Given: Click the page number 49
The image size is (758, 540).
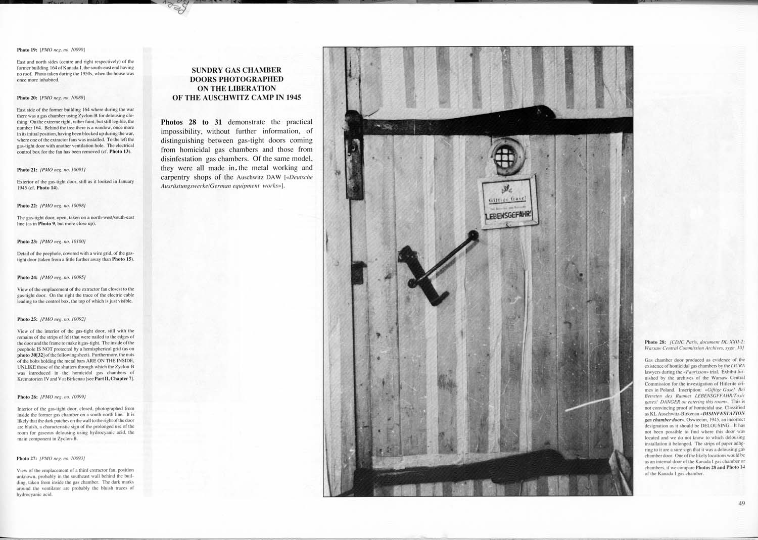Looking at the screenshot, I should [741, 503].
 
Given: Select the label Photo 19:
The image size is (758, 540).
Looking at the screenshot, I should [27, 50].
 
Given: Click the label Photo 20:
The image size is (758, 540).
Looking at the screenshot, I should [27, 97].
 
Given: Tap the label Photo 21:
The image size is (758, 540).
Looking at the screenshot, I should [27, 170].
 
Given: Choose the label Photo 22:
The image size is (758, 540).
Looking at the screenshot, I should [27, 206].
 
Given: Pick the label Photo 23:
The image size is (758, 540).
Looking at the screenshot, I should [27, 241].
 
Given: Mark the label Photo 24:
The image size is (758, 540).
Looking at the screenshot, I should [27, 277].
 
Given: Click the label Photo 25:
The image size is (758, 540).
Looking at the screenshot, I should [27, 319].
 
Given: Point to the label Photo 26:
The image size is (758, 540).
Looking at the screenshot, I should [27, 397].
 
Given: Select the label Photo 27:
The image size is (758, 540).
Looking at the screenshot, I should [27, 458].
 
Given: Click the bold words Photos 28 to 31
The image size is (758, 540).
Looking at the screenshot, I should [191, 122].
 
